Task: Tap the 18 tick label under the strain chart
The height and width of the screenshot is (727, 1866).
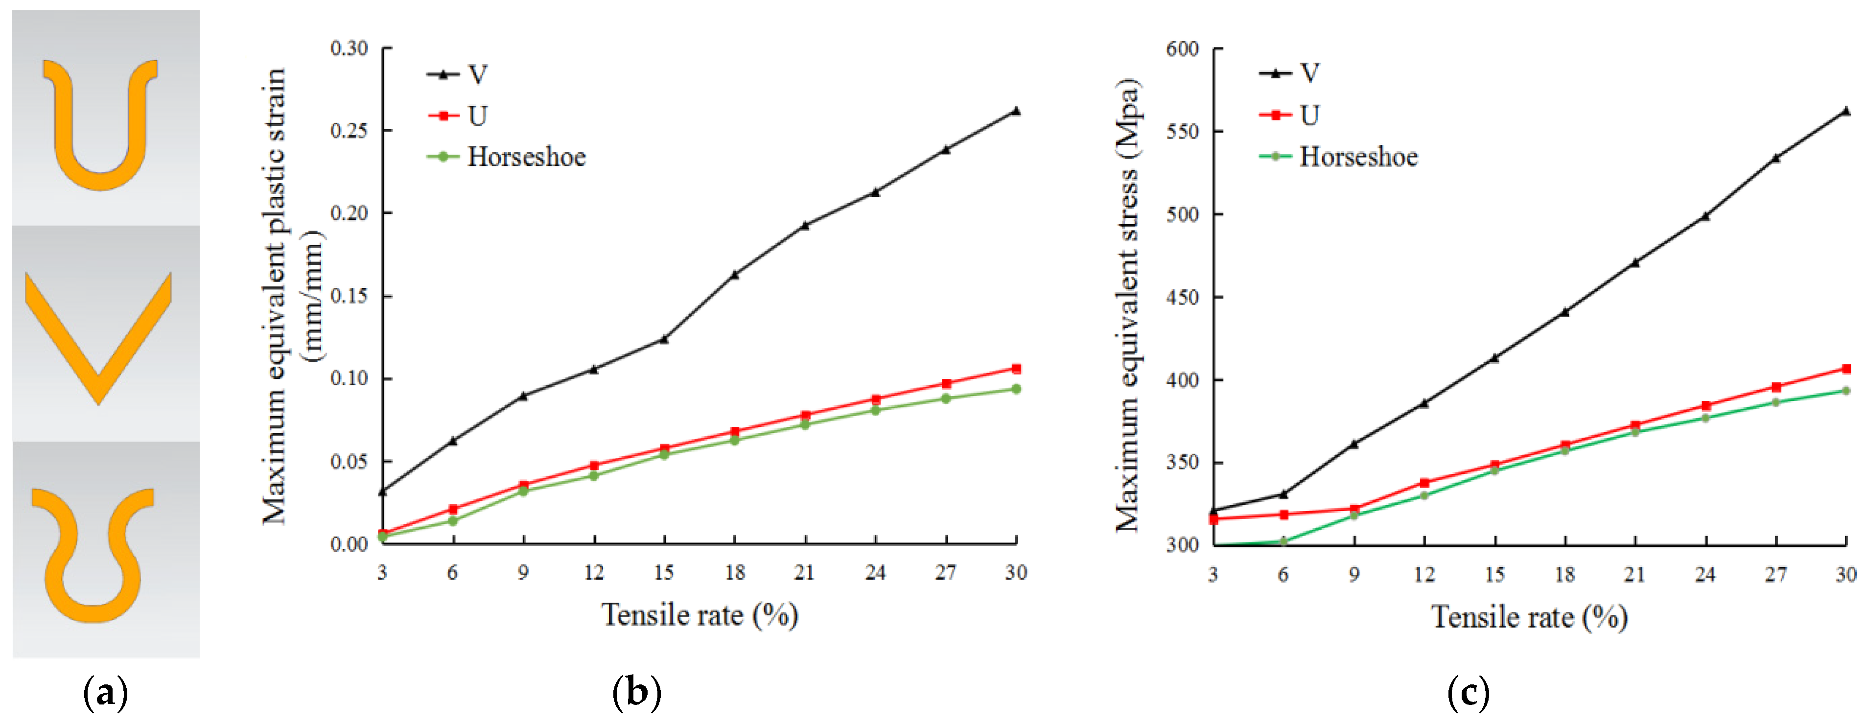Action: pos(735,573)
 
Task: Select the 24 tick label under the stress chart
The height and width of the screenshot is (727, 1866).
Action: pos(1704,575)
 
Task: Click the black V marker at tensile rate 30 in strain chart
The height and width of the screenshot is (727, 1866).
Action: pos(1016,111)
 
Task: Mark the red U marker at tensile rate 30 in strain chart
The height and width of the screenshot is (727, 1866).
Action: pos(1016,369)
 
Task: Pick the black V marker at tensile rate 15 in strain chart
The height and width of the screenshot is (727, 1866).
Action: pos(664,338)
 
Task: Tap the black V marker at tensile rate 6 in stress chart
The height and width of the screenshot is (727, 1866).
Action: pos(1283,494)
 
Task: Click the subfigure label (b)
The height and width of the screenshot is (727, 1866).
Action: pos(636,693)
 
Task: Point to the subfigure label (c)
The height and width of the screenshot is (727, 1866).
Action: pos(1468,693)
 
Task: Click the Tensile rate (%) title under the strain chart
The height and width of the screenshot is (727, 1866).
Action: pos(699,615)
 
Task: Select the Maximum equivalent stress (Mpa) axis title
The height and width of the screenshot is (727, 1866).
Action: pos(1127,304)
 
